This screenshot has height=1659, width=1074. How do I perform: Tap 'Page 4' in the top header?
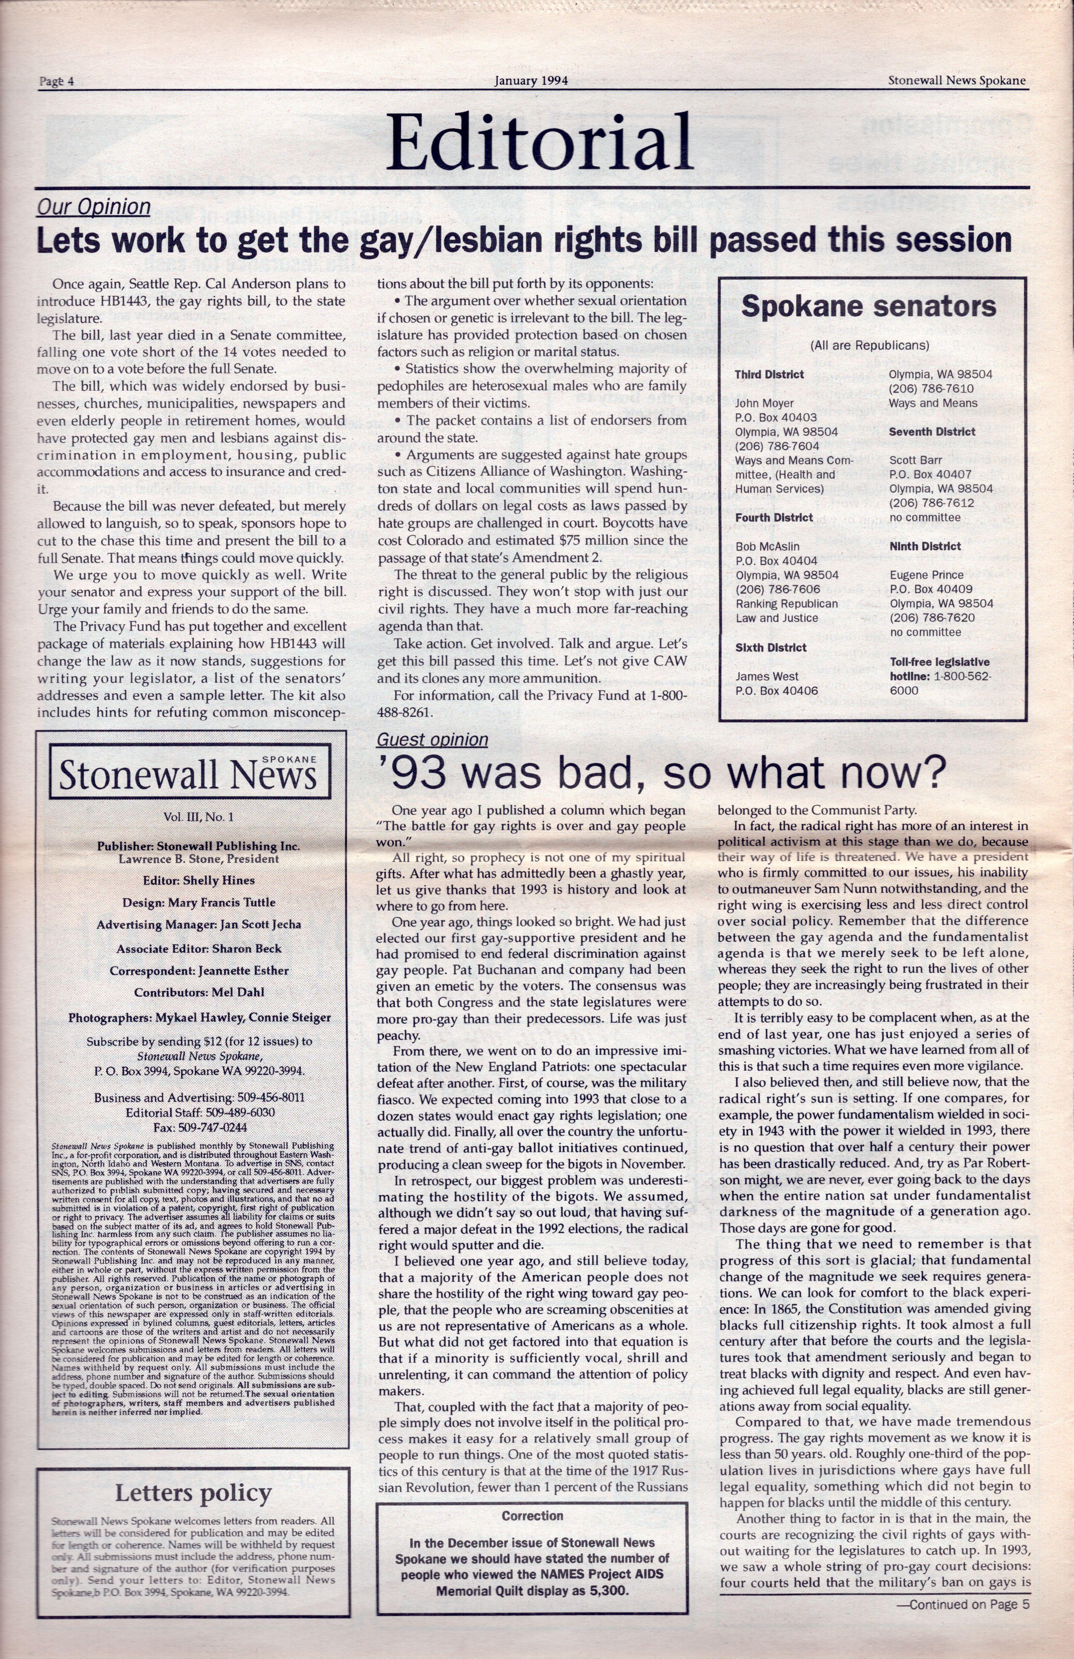coord(57,81)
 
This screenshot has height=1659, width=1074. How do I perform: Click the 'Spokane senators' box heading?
coord(869,307)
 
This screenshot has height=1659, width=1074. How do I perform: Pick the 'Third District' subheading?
coord(769,374)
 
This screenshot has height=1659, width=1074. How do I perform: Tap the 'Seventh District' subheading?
coord(932,431)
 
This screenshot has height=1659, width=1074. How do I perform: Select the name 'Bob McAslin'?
coord(767,546)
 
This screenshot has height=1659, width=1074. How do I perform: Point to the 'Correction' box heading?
coord(532,1516)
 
